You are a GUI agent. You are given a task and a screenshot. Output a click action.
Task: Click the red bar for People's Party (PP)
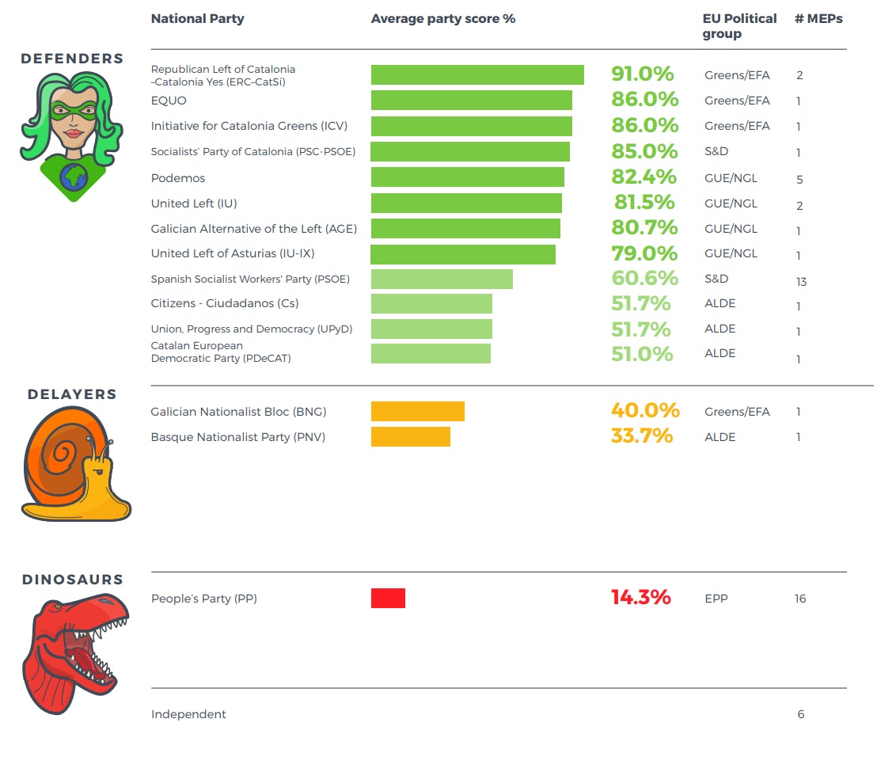pyautogui.click(x=388, y=598)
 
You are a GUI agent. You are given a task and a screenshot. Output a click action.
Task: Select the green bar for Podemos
pyautogui.click(x=467, y=177)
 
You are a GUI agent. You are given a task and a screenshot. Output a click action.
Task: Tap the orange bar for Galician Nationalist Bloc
pyautogui.click(x=417, y=411)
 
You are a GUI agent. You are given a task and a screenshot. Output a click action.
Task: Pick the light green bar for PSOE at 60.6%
pyautogui.click(x=442, y=279)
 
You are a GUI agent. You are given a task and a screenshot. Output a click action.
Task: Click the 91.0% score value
pyautogui.click(x=642, y=74)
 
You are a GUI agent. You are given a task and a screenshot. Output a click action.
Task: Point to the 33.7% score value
pyautogui.click(x=641, y=436)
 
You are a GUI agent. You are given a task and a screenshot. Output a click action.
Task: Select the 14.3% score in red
pyautogui.click(x=640, y=597)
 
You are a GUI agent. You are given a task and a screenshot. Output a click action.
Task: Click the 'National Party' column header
pyautogui.click(x=197, y=18)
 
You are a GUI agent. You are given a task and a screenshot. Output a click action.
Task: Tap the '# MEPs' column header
pyautogui.click(x=818, y=18)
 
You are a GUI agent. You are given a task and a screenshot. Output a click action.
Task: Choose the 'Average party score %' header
pyautogui.click(x=442, y=18)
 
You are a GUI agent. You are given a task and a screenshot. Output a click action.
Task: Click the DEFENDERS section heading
pyautogui.click(x=72, y=59)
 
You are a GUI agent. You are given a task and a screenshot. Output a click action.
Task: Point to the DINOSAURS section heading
pyautogui.click(x=73, y=580)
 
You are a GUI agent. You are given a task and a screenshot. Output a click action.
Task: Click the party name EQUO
pyautogui.click(x=169, y=101)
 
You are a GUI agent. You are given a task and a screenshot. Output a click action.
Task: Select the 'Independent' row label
pyautogui.click(x=188, y=714)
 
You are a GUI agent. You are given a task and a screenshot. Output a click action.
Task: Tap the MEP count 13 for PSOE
pyautogui.click(x=801, y=281)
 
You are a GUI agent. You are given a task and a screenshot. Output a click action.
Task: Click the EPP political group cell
pyautogui.click(x=716, y=599)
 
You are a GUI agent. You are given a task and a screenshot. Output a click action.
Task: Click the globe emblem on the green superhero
pyautogui.click(x=74, y=177)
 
